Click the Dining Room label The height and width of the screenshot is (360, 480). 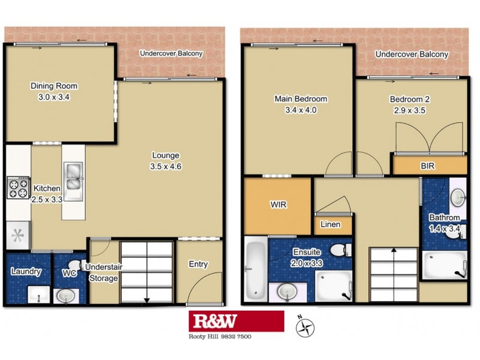pos(54,86)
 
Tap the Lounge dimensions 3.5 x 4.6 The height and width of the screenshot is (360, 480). pos(167,167)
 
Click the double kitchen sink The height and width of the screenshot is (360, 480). pos(73,176)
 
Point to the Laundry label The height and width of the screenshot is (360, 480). pos(26,271)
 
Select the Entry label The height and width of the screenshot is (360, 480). pos(198,264)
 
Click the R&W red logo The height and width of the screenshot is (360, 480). pos(236,321)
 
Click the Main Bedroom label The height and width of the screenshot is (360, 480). pos(301,99)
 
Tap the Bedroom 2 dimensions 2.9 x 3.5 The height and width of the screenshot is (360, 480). pos(410,110)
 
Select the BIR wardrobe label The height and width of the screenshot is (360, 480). pos(428,165)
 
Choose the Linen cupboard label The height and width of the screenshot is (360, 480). pos(331,225)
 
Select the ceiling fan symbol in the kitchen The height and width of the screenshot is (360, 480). pos(17,233)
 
